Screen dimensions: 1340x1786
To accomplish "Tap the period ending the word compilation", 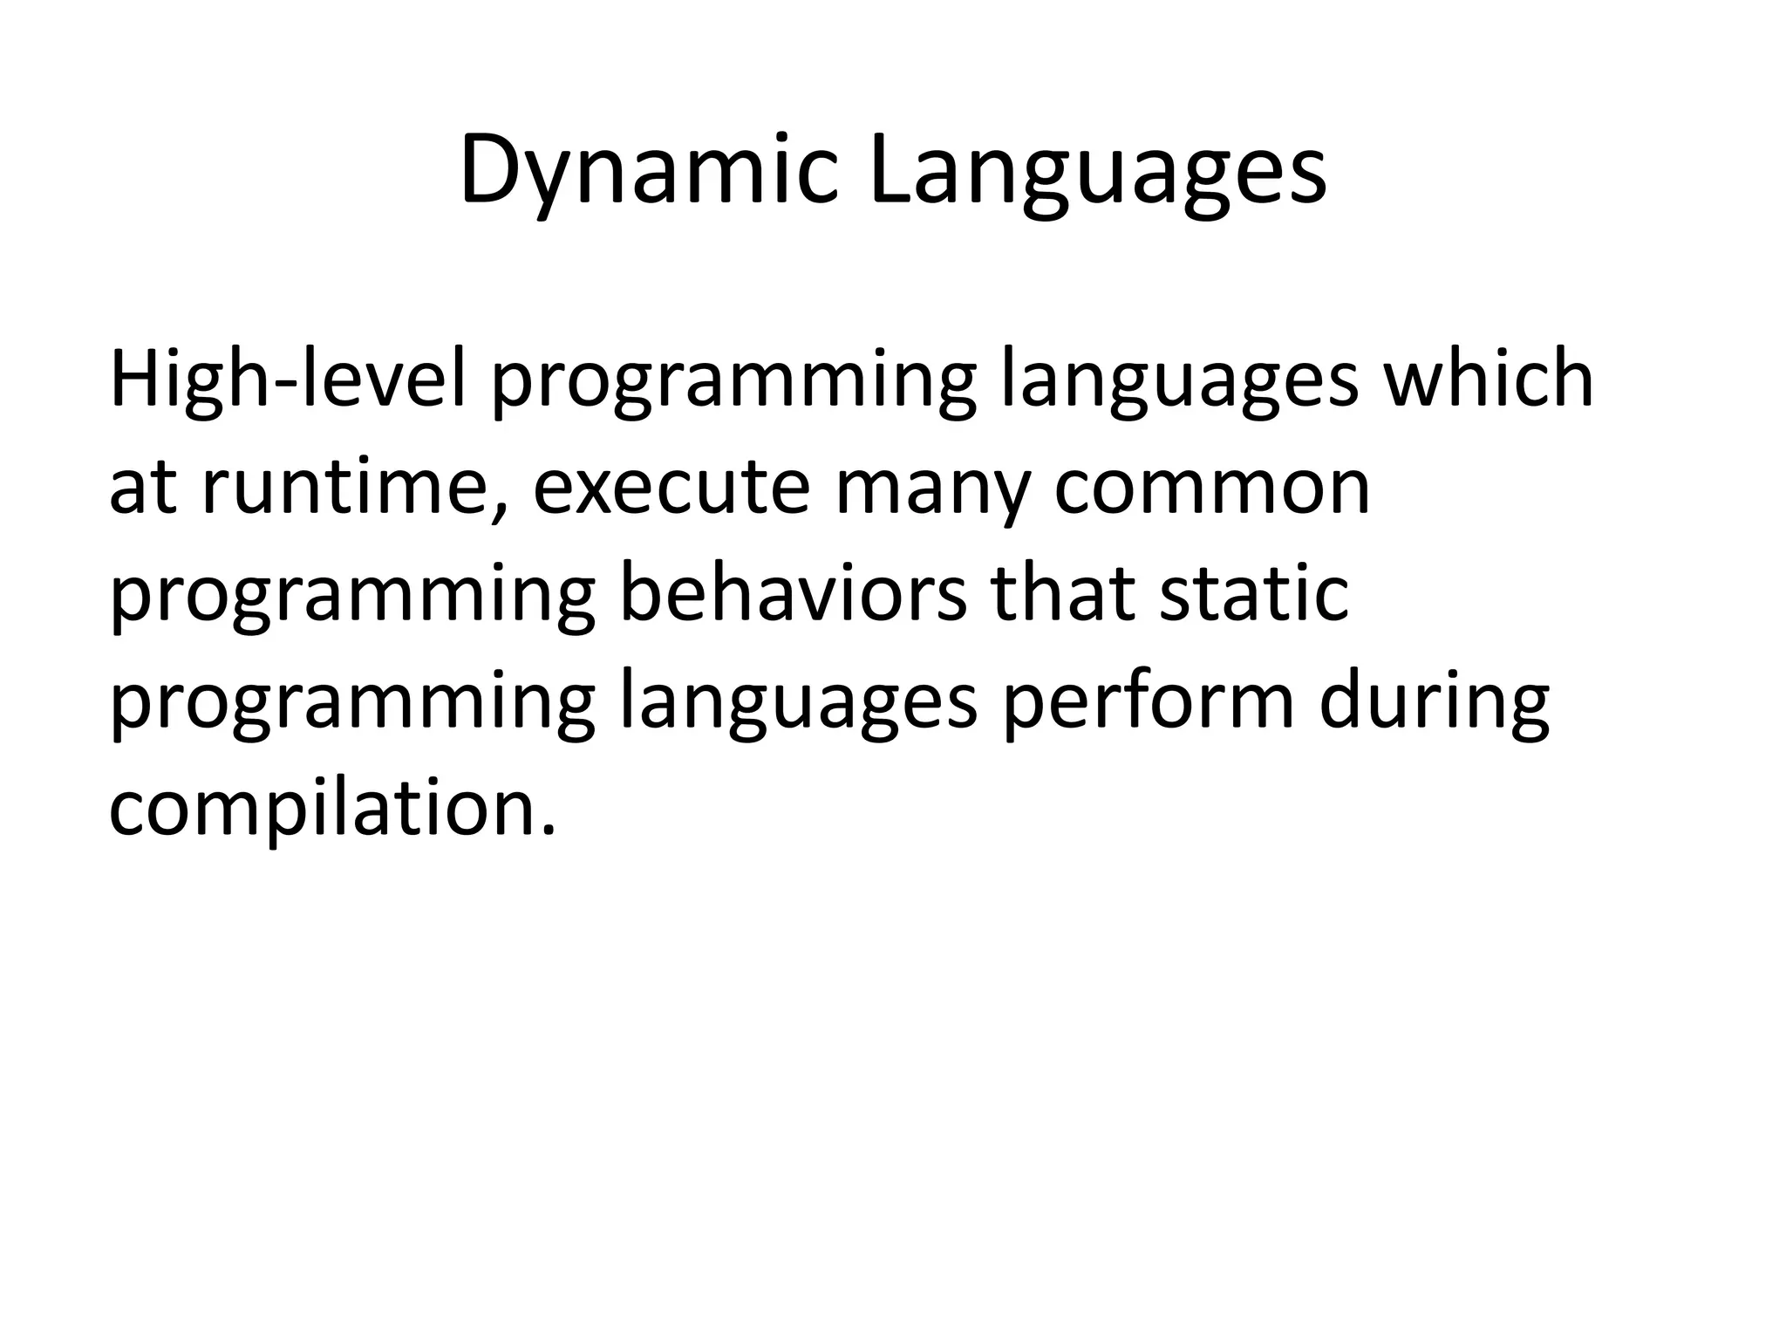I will (x=549, y=829).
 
